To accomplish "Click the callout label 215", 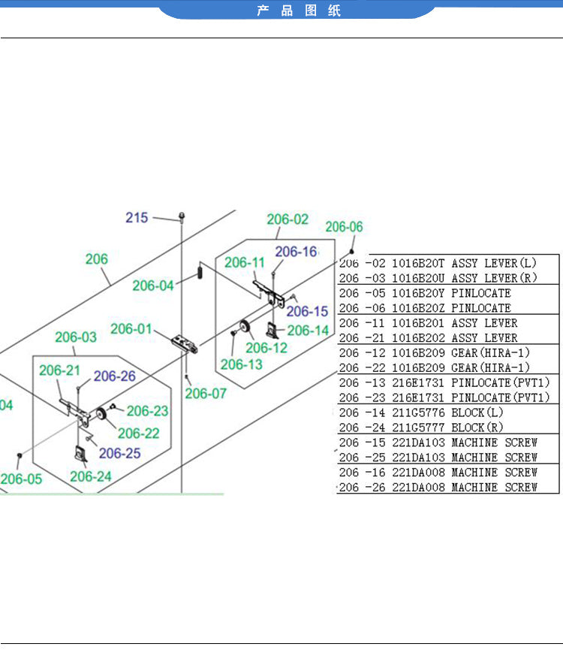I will point(137,218).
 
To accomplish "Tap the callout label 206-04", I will point(153,286).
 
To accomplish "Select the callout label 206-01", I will point(131,329).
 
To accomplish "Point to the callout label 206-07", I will point(206,393).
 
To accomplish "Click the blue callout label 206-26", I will point(115,376).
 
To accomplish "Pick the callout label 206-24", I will point(91,476).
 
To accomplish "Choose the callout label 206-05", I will point(21,479).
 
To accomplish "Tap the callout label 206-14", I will point(308,330).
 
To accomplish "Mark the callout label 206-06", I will point(344,227).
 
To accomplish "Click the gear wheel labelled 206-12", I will point(245,327).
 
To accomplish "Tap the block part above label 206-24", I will point(80,454).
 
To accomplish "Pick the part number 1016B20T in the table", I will point(419,264).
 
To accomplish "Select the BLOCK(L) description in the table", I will point(478,413).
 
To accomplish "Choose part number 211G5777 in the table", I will point(419,428).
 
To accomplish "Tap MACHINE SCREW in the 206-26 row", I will point(494,487).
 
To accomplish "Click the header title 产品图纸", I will point(299,11).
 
